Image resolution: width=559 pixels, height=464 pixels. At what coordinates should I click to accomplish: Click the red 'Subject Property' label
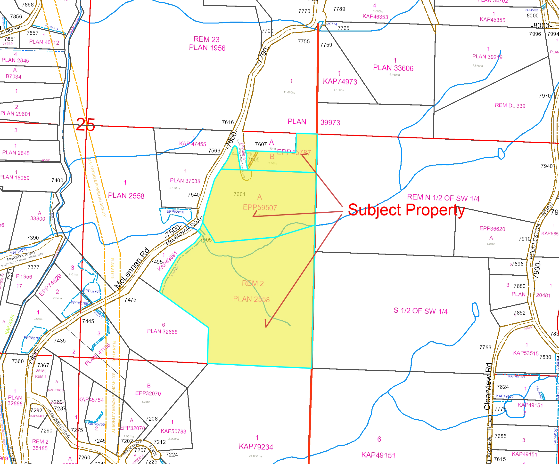[x=406, y=210]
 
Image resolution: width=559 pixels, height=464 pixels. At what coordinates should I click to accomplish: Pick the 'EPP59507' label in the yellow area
[x=260, y=208]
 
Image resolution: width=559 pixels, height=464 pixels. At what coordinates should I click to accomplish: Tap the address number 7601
[x=239, y=194]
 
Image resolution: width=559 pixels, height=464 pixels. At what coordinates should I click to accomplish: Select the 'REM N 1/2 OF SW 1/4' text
[x=443, y=198]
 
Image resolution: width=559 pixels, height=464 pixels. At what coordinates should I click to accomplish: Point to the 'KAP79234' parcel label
[x=256, y=447]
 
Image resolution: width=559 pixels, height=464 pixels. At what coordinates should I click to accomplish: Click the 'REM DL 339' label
[x=510, y=105]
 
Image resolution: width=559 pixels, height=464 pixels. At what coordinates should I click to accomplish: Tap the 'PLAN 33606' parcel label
[x=393, y=68]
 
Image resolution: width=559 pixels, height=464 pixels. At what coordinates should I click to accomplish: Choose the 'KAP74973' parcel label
[x=340, y=81]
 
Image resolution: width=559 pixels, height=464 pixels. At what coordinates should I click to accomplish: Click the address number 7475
[x=130, y=300]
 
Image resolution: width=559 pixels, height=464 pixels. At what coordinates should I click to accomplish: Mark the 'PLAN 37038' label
[x=185, y=181]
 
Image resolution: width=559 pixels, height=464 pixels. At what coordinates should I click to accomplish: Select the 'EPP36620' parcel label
[x=492, y=229]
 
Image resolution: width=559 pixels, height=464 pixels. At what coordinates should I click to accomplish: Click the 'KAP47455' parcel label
[x=192, y=144]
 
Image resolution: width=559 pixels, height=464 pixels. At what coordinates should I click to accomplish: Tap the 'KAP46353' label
[x=375, y=16]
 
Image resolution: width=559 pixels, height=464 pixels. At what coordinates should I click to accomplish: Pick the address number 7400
[x=57, y=181]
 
